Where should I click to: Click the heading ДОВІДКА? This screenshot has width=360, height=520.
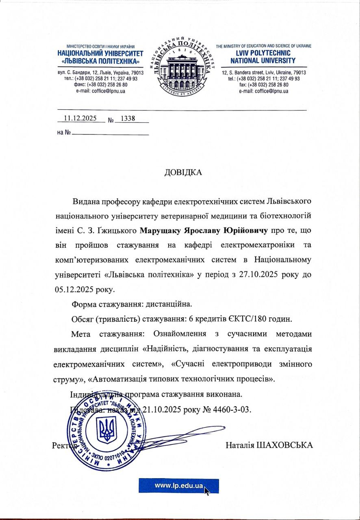coord(183,172)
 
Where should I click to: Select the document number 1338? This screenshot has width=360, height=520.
coord(126,119)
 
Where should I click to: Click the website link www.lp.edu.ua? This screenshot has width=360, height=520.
coord(179,485)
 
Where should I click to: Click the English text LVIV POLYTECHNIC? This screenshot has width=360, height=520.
coord(263,53)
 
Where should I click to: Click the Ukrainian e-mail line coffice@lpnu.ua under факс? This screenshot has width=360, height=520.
coord(100,91)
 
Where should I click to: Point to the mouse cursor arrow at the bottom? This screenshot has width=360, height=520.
coord(207,491)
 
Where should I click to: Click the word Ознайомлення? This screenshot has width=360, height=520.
coord(178,334)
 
